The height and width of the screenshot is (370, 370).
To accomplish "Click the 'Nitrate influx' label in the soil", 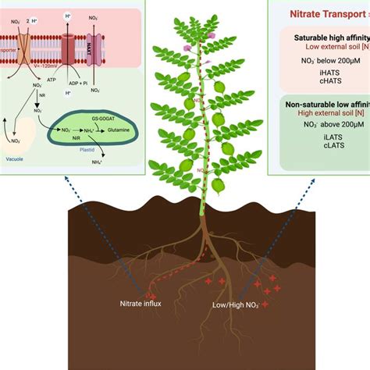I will point(141,304).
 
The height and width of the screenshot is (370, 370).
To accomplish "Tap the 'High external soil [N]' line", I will point(324,114).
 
